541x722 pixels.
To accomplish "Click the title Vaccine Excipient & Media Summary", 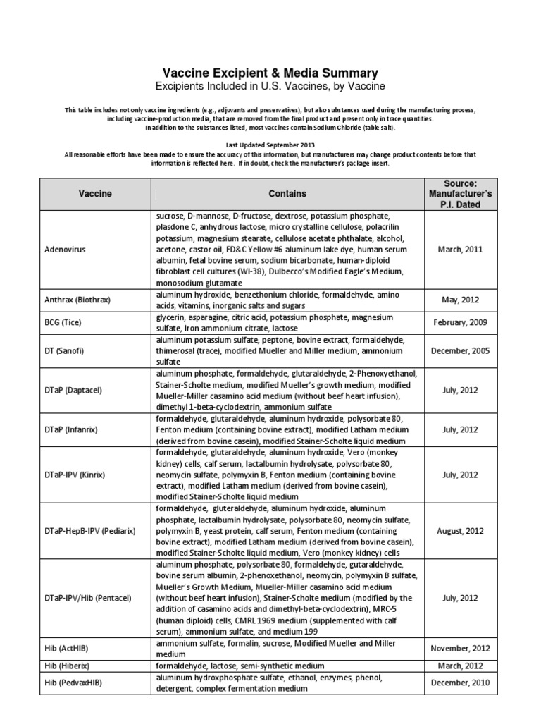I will tap(270, 73).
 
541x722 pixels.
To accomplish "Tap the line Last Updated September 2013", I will tap(270, 144).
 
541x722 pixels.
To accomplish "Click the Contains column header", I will tap(287, 194).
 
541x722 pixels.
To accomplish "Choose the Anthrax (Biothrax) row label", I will tap(77, 300).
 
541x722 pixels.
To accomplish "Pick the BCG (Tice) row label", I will tap(63, 322).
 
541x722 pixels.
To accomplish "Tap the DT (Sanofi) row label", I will tap(66, 350).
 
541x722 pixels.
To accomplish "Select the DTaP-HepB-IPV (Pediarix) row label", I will tap(89, 530).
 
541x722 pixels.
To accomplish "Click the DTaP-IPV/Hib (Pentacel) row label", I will tap(88, 598).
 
